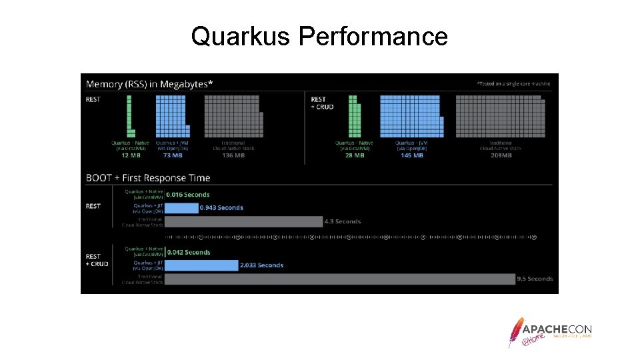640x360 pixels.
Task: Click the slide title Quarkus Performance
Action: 319,36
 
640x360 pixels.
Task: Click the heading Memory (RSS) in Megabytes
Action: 149,84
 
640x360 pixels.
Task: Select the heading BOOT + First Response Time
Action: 148,178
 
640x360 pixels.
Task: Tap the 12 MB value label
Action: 130,155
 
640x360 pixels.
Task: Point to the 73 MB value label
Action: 172,155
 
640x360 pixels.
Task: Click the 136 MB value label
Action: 233,155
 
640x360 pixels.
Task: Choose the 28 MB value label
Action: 354,155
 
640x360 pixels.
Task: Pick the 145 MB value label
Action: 411,155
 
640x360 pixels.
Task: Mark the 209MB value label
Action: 501,155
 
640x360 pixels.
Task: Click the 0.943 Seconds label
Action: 222,208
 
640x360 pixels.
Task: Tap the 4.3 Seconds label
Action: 342,221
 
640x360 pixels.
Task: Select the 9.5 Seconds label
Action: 535,279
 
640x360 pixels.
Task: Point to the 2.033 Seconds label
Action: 261,265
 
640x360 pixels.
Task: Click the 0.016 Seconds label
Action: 188,195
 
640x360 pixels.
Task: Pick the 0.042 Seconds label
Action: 189,252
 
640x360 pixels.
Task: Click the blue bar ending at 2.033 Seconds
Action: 201,265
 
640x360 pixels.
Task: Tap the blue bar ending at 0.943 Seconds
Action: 181,208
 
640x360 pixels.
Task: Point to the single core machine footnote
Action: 513,84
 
